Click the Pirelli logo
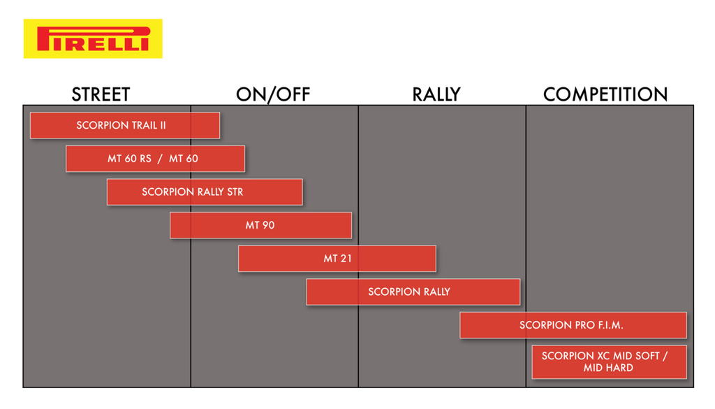tap(93, 38)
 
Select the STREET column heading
tap(101, 94)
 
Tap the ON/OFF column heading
tap(273, 94)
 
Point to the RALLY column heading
tap(436, 94)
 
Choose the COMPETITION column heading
tap(605, 94)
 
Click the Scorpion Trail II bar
tap(125, 125)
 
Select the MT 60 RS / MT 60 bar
tap(156, 159)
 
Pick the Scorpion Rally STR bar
tap(205, 192)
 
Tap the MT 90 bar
tap(261, 225)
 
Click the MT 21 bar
tap(337, 259)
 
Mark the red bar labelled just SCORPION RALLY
tap(413, 292)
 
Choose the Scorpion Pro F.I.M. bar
tap(573, 325)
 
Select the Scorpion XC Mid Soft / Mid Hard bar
tap(609, 362)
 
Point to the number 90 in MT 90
tap(269, 225)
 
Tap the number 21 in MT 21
tap(346, 259)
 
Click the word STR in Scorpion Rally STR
tap(235, 192)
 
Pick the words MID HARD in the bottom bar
tap(608, 368)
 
